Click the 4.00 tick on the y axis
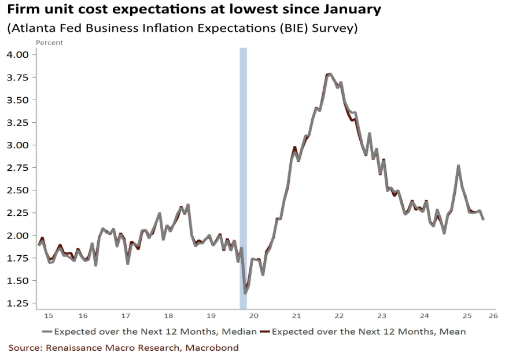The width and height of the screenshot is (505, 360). pyautogui.click(x=20, y=54)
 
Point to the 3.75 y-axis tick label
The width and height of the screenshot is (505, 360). pyautogui.click(x=20, y=78)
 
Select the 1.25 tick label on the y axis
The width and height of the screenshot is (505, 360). pyautogui.click(x=20, y=303)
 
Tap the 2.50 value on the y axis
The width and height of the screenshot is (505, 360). pyautogui.click(x=20, y=190)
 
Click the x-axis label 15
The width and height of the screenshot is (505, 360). pyautogui.click(x=49, y=315)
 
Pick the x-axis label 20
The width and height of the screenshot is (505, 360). pyautogui.click(x=253, y=315)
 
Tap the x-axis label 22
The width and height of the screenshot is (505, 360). pyautogui.click(x=339, y=315)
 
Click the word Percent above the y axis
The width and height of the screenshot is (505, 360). pyautogui.click(x=49, y=42)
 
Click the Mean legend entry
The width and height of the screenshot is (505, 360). pyautogui.click(x=368, y=332)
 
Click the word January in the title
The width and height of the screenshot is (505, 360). pyautogui.click(x=348, y=9)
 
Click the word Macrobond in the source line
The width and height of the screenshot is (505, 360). pyautogui.click(x=211, y=348)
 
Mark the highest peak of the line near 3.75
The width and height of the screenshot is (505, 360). pyautogui.click(x=330, y=74)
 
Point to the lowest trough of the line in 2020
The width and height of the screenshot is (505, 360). pyautogui.click(x=245, y=293)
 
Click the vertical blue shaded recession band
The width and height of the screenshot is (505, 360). pyautogui.click(x=243, y=174)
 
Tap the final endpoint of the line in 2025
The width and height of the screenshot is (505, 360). pyautogui.click(x=483, y=219)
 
